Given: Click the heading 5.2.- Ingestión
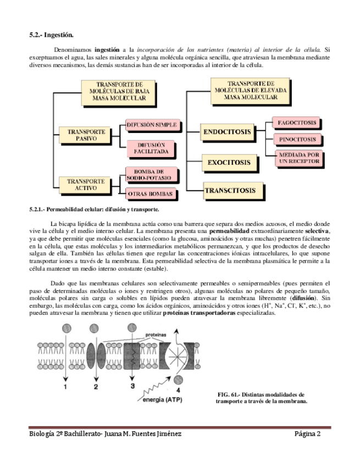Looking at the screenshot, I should (51, 35).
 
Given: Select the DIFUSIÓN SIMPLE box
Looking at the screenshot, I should (151, 125).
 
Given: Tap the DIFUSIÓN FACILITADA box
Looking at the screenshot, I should (151, 148).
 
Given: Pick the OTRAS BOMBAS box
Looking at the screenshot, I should (151, 194).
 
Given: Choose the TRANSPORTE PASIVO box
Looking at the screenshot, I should (86, 136).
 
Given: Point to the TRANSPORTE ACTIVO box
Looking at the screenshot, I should (86, 184).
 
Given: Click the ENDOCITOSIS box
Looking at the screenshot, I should (228, 132).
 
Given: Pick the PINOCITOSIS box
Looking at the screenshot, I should (297, 140).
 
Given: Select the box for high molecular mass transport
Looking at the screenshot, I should (242, 91).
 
